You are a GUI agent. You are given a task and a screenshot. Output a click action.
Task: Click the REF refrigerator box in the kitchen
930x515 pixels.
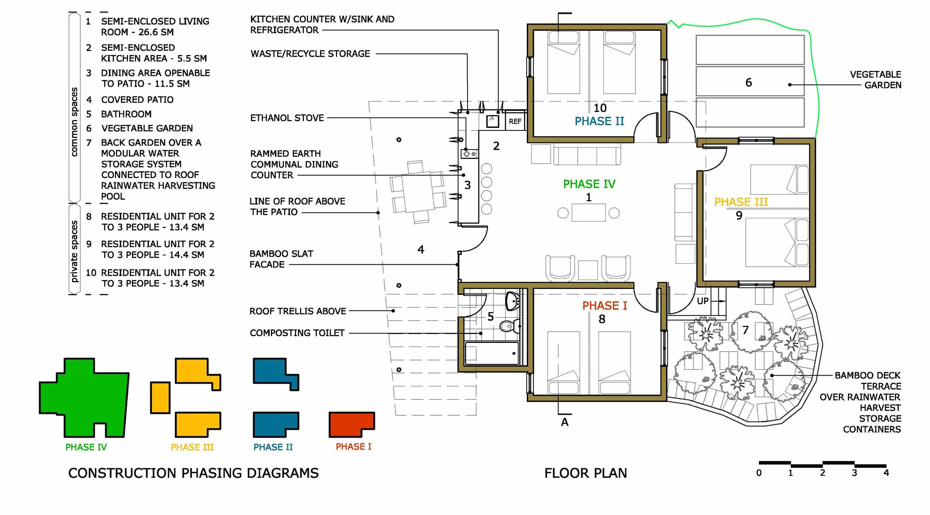(515, 121)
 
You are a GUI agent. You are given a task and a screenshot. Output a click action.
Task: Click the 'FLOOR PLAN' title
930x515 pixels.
(586, 473)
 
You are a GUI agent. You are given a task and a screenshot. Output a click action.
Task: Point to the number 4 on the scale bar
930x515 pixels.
(886, 473)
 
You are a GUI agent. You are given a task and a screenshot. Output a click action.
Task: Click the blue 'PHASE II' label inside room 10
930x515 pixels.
(599, 121)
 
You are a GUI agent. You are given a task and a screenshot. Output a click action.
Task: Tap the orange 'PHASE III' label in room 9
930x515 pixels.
(741, 202)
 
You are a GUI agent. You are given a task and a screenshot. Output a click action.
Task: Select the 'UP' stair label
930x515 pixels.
(702, 301)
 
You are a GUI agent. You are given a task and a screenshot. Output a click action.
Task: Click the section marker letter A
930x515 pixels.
(565, 422)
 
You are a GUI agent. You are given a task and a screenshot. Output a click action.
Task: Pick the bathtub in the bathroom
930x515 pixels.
(492, 353)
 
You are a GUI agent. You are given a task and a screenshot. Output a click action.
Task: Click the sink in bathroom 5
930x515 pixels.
(512, 300)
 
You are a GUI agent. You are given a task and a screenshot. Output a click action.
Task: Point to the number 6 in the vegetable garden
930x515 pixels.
(748, 82)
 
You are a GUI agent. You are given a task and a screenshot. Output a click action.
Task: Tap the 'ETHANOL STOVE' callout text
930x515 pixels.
(287, 118)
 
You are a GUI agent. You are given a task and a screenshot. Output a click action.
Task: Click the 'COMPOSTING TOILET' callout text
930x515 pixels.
(297, 333)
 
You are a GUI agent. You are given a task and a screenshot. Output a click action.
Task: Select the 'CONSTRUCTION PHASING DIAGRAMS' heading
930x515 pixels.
(193, 473)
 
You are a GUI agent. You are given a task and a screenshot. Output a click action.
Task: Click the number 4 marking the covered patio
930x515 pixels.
(421, 249)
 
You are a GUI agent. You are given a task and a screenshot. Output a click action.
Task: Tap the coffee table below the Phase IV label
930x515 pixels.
(589, 213)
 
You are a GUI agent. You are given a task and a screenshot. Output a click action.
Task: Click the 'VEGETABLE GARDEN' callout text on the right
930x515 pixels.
(875, 80)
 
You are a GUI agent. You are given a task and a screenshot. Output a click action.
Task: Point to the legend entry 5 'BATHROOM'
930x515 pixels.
(119, 114)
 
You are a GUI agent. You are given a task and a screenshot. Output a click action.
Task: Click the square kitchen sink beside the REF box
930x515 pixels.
(493, 121)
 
